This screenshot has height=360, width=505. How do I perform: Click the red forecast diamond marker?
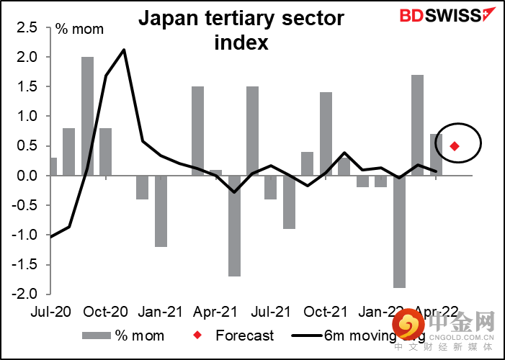(455, 146)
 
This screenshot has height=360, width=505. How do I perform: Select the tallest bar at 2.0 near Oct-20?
(88, 115)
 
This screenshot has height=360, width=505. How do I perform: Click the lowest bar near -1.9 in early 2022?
(399, 231)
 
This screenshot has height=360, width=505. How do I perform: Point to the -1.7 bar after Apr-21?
(234, 225)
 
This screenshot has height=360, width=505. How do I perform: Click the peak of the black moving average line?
(125, 50)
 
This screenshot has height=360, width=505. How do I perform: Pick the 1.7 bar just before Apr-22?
(418, 125)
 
